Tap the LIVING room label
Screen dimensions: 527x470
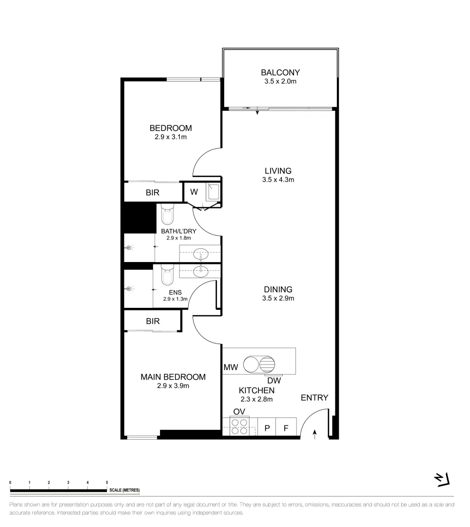pos(278,171)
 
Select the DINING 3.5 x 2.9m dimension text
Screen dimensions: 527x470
pos(278,298)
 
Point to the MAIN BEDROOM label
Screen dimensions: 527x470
pos(173,377)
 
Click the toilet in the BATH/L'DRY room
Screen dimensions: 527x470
pos(167,214)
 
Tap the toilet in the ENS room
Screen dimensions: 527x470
pos(167,275)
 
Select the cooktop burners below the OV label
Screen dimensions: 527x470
pos(239,426)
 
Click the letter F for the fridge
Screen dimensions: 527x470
pos(286,428)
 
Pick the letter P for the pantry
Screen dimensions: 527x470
pos(267,428)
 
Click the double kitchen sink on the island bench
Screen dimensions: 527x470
pos(259,365)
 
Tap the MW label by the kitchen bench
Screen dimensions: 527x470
pos(231,367)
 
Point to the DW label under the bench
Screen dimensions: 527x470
pos(274,380)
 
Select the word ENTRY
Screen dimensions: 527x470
pos(314,398)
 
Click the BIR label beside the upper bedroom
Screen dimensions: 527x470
pos(153,193)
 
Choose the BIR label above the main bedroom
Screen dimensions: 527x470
pos(153,322)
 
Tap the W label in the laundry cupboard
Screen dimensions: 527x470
pos(194,192)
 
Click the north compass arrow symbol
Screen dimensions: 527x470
pos(442,480)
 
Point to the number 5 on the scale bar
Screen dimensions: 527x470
pos(107,482)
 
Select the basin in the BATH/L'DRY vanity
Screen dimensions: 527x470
pos(200,254)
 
